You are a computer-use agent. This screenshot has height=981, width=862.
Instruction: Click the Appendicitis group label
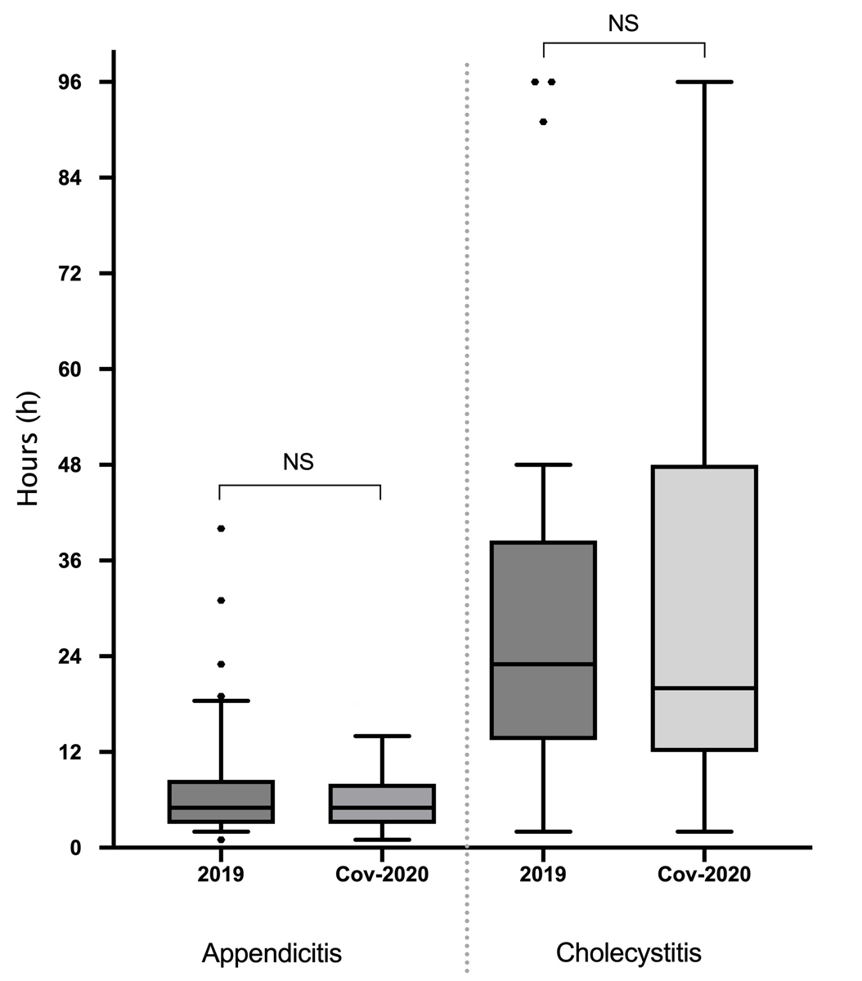click(272, 953)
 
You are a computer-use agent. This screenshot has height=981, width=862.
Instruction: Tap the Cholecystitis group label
click(628, 953)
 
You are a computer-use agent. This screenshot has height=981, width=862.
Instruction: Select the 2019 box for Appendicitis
click(221, 802)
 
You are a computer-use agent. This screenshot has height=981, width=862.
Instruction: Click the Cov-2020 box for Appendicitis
click(382, 804)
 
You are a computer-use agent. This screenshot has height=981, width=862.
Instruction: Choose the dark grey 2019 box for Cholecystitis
click(544, 640)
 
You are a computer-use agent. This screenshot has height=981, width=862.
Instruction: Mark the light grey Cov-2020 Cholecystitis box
click(705, 607)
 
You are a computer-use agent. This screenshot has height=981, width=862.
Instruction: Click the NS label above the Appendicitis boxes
click(299, 462)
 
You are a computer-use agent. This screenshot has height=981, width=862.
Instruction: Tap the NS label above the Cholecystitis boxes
click(623, 24)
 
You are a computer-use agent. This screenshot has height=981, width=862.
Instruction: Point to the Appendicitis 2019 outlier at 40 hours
click(221, 528)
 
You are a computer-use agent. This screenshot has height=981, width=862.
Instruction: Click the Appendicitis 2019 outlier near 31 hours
click(221, 600)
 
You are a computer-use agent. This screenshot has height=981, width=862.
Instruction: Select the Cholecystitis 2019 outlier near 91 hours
click(543, 122)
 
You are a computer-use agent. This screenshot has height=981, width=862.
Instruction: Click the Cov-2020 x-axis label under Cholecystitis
click(704, 874)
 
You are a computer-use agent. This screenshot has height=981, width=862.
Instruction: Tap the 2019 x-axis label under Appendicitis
click(221, 874)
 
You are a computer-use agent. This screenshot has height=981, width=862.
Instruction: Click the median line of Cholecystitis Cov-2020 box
click(705, 688)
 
